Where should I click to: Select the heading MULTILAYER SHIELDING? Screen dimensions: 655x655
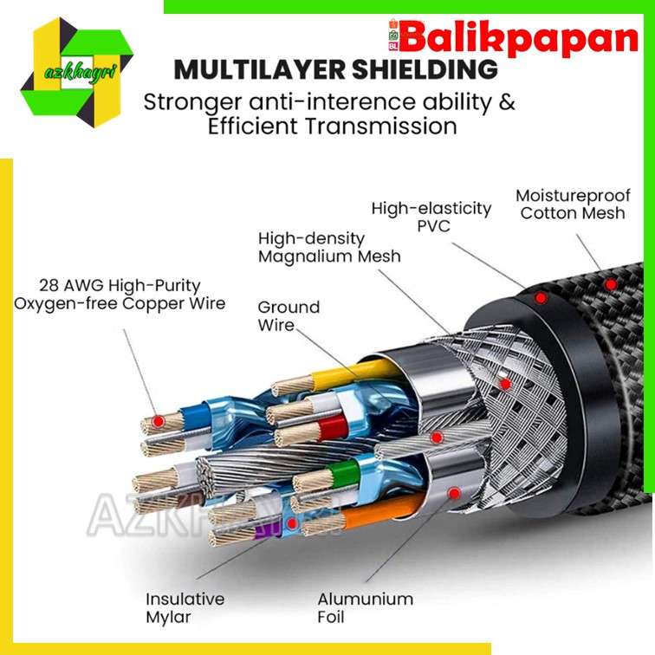click(335, 68)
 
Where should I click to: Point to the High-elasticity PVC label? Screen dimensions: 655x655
click(431, 217)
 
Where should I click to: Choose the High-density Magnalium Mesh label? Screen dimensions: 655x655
click(329, 247)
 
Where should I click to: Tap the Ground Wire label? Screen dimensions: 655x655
click(289, 316)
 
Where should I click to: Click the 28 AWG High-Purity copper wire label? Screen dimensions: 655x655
click(120, 295)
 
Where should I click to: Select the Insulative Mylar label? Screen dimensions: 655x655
click(185, 607)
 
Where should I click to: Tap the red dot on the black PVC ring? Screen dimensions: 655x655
click(541, 298)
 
